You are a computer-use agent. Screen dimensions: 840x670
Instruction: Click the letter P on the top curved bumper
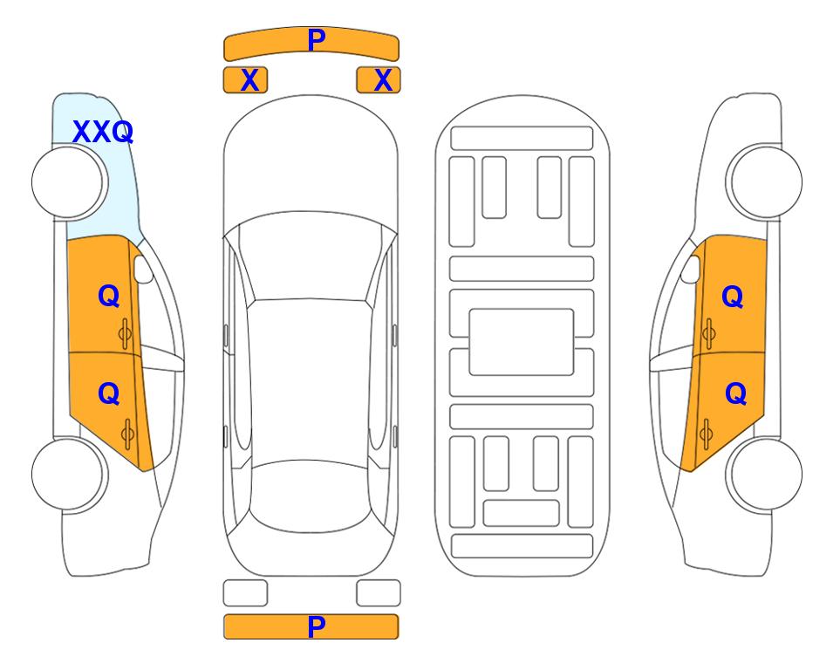[316, 39]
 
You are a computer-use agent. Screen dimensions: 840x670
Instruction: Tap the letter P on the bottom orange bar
[316, 626]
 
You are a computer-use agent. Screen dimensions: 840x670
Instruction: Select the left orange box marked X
[245, 80]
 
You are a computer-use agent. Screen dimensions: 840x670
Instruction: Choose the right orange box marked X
[379, 80]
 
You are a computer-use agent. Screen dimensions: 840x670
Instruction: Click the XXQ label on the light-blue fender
[103, 132]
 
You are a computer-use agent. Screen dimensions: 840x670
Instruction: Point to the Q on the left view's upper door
[109, 296]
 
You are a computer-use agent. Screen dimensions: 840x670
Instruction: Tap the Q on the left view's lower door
[109, 394]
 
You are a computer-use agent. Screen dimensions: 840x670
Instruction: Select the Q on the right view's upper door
[733, 297]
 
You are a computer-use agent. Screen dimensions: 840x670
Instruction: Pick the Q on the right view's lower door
[735, 394]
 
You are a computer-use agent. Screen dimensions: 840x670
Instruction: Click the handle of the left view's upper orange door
[126, 334]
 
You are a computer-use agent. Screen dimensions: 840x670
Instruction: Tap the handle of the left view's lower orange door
[127, 434]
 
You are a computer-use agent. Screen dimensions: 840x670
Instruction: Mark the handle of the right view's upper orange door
[709, 333]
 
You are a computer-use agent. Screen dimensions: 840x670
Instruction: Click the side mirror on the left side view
[143, 269]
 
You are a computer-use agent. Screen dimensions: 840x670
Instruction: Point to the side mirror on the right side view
[691, 269]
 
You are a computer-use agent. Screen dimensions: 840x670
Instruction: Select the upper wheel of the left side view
[70, 182]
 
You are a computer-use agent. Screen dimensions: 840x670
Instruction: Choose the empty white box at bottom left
[245, 593]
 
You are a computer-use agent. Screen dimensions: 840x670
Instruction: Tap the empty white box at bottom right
[379, 593]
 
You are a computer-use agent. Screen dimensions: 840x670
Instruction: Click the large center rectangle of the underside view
[522, 342]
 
